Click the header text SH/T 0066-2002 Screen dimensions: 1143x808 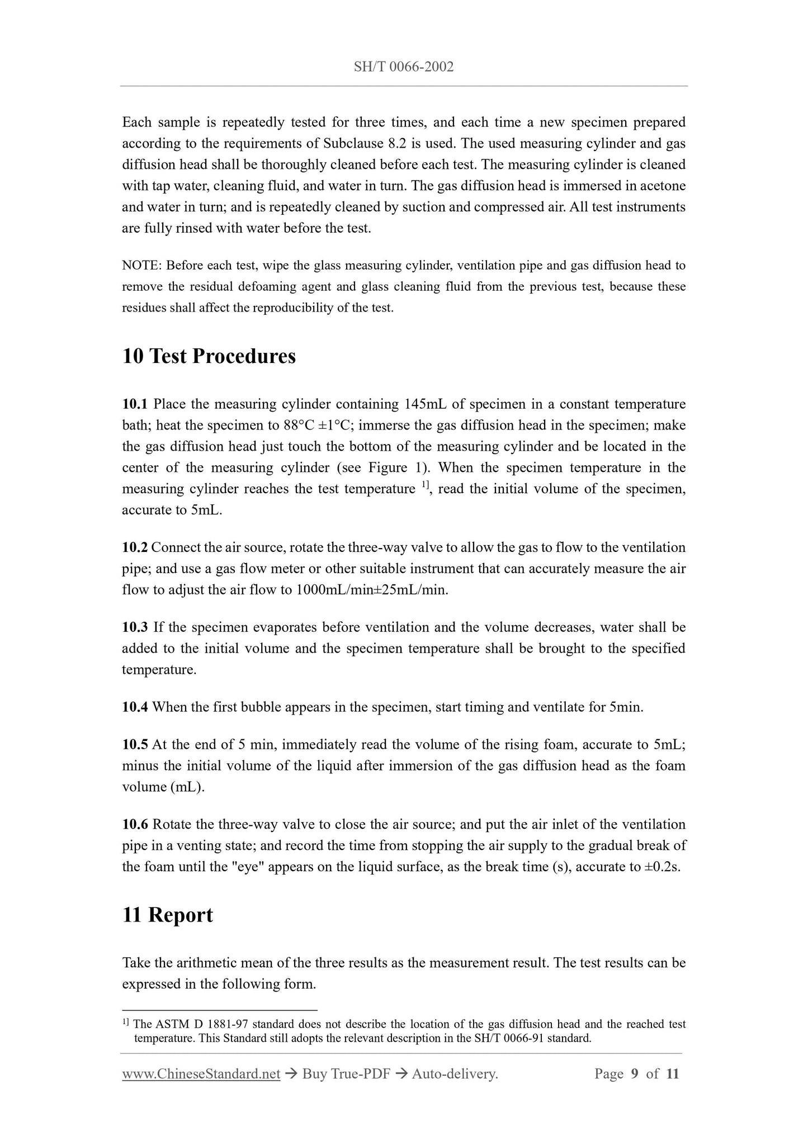click(404, 68)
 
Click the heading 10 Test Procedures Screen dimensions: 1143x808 click(209, 356)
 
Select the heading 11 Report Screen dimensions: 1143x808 click(167, 915)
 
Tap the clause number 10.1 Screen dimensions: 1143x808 click(135, 404)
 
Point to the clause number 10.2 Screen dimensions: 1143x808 click(135, 547)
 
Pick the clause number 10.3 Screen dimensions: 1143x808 click(135, 627)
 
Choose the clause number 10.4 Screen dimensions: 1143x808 click(135, 707)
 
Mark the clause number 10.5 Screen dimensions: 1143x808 click(135, 745)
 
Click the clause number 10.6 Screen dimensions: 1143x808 click(135, 824)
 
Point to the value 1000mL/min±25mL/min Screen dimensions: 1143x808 click(371, 590)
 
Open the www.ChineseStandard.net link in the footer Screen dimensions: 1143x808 click(201, 1074)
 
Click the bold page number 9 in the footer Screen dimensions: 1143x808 click(634, 1074)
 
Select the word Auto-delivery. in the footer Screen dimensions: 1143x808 click(454, 1074)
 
